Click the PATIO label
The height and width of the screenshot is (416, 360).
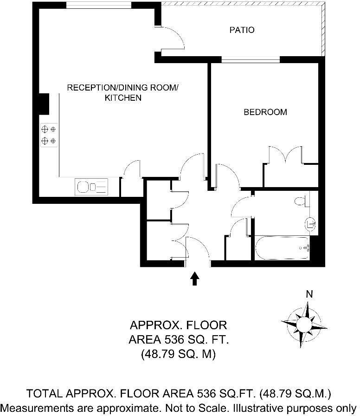click(x=242, y=30)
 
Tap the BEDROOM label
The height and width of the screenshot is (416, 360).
click(x=265, y=112)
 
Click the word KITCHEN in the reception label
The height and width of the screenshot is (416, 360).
click(x=122, y=98)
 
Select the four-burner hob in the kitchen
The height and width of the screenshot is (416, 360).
click(x=49, y=135)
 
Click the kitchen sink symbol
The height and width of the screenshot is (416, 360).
click(x=91, y=187)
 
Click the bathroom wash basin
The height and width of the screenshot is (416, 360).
click(x=310, y=223)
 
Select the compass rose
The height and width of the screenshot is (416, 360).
click(x=305, y=323)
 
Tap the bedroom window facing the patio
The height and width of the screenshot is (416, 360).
click(x=251, y=59)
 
